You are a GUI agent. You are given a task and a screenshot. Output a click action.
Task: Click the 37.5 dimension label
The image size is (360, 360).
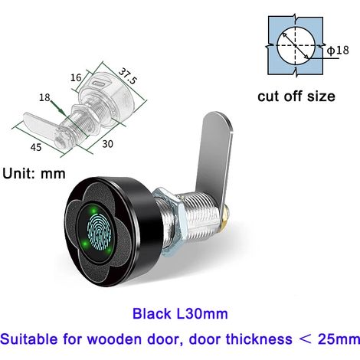[x=127, y=76]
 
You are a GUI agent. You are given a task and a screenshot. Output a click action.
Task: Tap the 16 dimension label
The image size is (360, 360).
[x=76, y=77]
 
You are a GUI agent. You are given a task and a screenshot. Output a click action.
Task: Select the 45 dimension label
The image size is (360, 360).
[x=36, y=147]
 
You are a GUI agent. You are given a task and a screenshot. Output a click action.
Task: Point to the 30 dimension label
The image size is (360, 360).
[x=107, y=144]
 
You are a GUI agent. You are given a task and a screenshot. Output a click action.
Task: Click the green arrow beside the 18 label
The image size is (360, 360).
[x=57, y=107]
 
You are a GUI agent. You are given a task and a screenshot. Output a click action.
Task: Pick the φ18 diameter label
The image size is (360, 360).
[x=338, y=50]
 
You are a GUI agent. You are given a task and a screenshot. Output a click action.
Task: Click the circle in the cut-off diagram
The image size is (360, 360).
[x=296, y=45]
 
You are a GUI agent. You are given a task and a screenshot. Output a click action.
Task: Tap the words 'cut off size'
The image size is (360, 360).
[x=296, y=97]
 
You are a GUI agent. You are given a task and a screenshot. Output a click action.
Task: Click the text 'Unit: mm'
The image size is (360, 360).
[x=34, y=174]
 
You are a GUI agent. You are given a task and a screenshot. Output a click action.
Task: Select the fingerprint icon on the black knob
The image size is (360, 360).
[x=100, y=232]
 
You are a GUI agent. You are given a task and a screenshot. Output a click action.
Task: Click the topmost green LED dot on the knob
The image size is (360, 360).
[x=93, y=211]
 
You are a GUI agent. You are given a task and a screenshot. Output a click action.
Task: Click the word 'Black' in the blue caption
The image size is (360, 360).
[x=152, y=314]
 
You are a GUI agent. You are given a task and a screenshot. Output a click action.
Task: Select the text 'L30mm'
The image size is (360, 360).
[x=202, y=314]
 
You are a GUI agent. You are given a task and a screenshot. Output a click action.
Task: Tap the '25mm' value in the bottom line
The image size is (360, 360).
[x=339, y=339]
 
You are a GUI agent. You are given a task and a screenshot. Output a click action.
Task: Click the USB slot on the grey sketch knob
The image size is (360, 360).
[x=101, y=83]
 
